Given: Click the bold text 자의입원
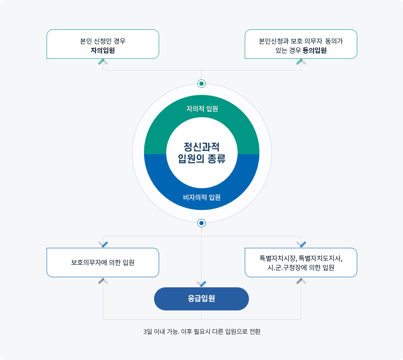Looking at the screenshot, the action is (102, 50).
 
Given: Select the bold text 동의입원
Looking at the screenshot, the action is (314, 50).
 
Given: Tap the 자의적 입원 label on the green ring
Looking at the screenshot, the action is (202, 109).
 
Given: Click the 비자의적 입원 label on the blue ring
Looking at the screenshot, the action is (202, 197).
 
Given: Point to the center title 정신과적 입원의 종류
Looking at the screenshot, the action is (202, 153).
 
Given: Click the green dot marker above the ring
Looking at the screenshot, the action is (201, 84).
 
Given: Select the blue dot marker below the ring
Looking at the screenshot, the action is (201, 223).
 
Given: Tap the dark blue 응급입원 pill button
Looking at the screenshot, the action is (201, 299).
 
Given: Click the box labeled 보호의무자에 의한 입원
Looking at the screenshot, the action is (103, 263).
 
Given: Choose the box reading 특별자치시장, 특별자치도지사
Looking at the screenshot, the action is (301, 263).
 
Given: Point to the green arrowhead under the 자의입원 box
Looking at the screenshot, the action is (103, 62).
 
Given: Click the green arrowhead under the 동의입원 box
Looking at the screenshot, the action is (301, 62).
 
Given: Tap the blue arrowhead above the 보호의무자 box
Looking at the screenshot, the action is (103, 244).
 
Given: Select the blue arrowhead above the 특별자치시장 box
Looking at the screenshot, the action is (301, 244).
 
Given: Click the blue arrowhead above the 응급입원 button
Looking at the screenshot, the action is (201, 284).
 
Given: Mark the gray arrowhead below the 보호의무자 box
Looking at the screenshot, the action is (103, 281).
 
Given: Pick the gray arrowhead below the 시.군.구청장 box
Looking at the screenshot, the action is (301, 281).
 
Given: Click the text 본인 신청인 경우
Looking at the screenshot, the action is (103, 41).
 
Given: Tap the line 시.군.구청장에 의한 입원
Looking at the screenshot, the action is (301, 268).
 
